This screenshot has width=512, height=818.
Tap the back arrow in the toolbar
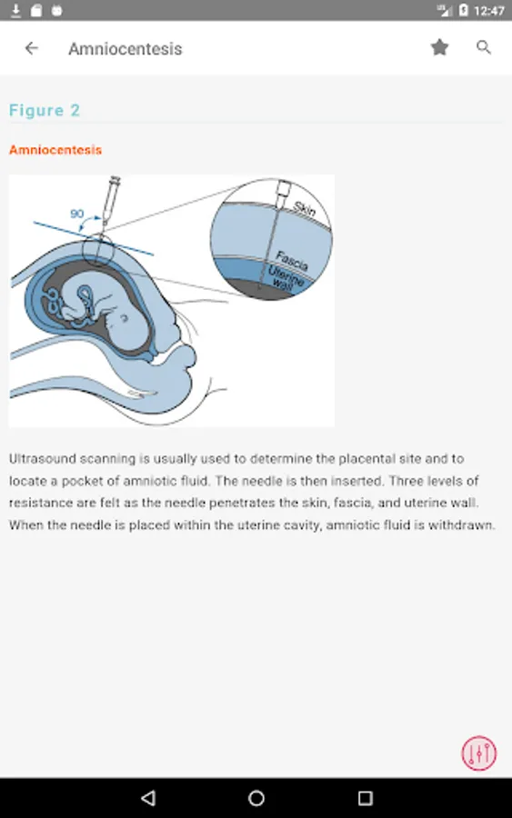tap(31, 48)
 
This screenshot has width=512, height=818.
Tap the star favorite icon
tap(439, 47)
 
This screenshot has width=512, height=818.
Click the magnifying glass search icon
tap(484, 47)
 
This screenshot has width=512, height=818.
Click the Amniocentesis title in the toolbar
tap(125, 49)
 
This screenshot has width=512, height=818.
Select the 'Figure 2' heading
tap(45, 111)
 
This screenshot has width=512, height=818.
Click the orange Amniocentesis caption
tap(55, 150)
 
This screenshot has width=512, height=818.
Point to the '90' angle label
tap(76, 214)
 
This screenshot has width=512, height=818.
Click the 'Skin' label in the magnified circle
tap(305, 209)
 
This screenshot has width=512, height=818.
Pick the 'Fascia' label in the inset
tap(292, 260)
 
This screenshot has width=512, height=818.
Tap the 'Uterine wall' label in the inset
tap(285, 276)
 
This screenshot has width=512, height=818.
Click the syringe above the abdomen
tap(111, 201)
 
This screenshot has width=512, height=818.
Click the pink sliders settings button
tap(478, 753)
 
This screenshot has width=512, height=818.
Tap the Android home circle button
tap(256, 798)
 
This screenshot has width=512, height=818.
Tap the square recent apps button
tap(366, 798)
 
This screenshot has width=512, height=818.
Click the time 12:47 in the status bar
tap(489, 11)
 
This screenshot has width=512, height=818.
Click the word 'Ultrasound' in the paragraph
tap(42, 459)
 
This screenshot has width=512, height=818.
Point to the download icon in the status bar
tap(15, 10)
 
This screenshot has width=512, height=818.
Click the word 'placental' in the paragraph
tap(366, 459)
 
